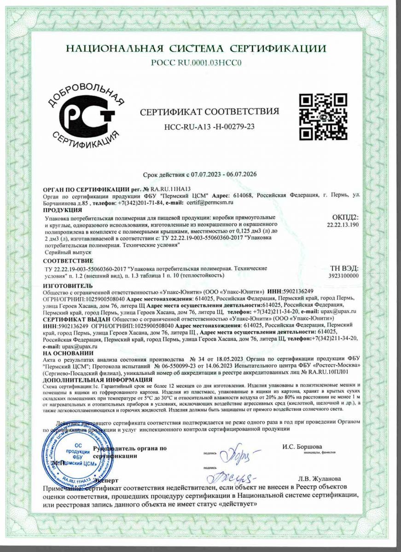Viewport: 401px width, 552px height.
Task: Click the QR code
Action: point(323,117)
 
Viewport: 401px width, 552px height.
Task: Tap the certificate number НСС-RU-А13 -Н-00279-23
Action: point(209,127)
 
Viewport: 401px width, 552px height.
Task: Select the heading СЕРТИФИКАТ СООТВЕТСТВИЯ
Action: point(209,112)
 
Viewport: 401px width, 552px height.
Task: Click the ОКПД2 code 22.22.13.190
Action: point(342,225)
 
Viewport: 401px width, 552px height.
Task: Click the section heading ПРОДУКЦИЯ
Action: point(62,210)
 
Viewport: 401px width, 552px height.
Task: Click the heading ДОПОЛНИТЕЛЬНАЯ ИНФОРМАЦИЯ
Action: point(97,380)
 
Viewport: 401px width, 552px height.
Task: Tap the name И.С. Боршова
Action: point(302,447)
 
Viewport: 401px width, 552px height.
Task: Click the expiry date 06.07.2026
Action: point(241,175)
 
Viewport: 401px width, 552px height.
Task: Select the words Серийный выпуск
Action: point(68,253)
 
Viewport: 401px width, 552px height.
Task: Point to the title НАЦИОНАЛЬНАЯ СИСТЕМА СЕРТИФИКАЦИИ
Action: point(196,49)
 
